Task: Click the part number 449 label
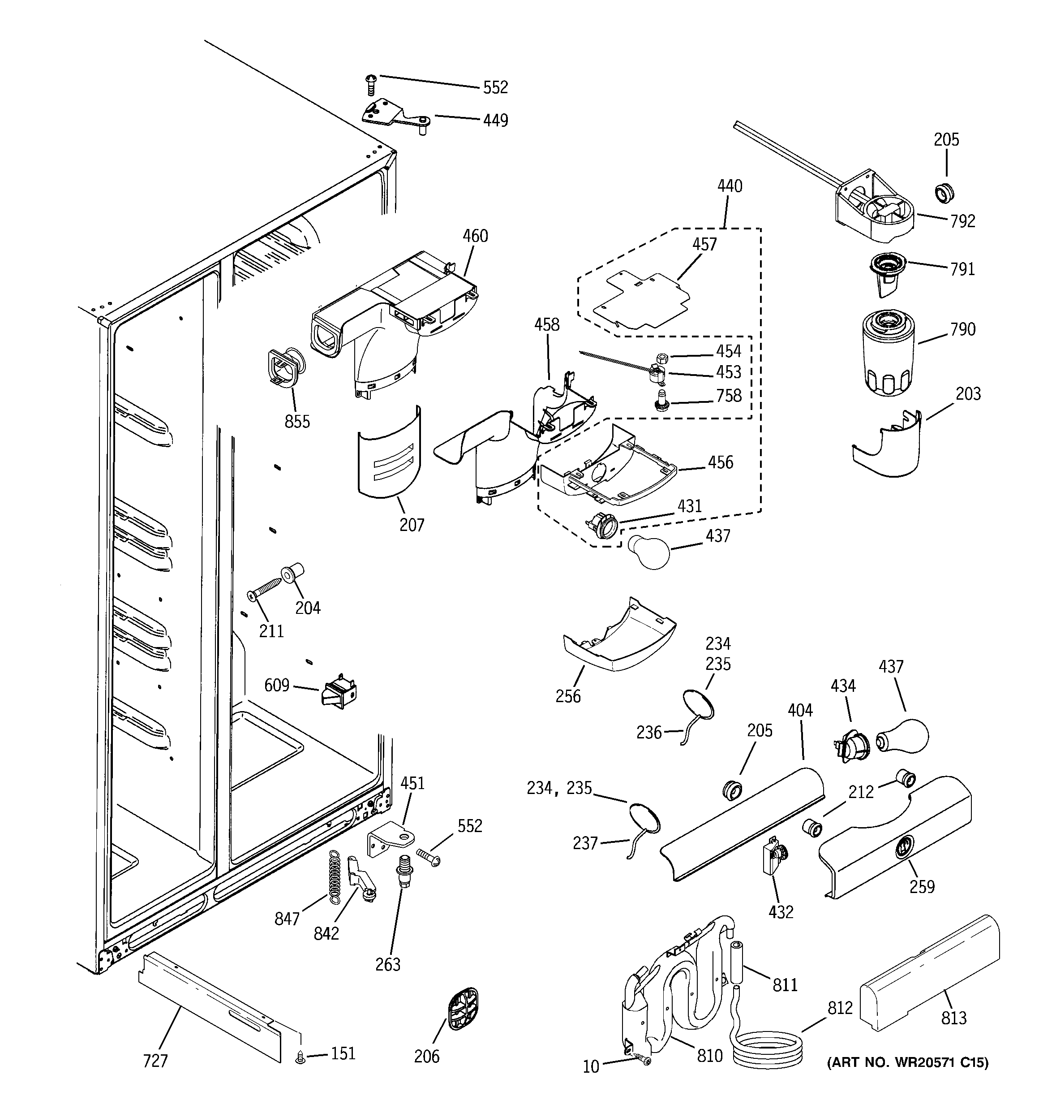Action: coord(495,121)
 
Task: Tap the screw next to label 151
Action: coord(300,1057)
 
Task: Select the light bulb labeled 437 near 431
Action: coord(648,552)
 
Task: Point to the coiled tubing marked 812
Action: coord(768,1049)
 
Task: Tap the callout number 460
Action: coord(475,236)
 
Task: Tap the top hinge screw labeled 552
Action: coord(370,85)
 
